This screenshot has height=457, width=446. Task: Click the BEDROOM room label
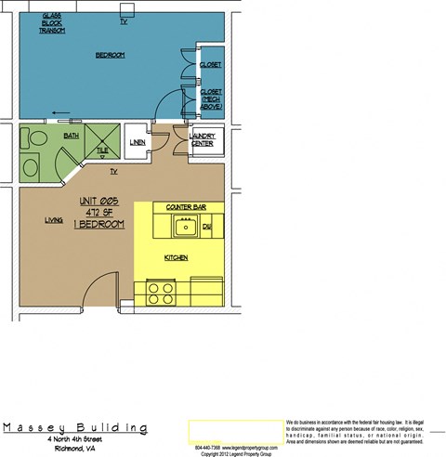pos(110,56)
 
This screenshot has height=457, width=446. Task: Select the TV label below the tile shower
pos(113,173)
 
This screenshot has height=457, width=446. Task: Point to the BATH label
pos(72,137)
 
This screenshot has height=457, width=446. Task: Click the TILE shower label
pos(102,150)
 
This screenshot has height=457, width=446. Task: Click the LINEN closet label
pos(138,142)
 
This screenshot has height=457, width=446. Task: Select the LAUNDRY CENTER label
pos(203,140)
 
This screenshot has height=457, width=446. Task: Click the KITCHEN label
pos(177,257)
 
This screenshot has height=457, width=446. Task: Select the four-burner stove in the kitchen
pos(161,293)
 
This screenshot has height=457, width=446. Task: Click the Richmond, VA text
pos(75,448)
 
